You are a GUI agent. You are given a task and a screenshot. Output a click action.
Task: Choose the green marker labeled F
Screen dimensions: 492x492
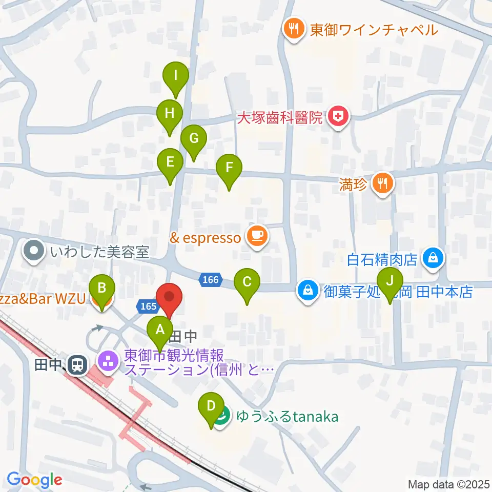(229, 170)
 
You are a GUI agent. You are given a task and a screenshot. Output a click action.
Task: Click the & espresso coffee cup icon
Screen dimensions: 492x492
(257, 235)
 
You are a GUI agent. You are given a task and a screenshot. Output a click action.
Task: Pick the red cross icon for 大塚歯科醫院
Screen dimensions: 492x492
(338, 117)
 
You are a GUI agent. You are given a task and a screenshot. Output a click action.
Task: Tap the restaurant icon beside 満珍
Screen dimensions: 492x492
(383, 182)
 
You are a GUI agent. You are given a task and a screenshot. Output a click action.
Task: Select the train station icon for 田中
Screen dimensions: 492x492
(78, 365)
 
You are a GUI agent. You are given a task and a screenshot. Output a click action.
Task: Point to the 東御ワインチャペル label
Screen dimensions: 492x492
(374, 30)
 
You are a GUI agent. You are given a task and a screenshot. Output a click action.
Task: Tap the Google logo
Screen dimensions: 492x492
(34, 480)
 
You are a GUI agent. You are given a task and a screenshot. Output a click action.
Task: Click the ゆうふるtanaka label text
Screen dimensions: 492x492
(287, 416)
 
